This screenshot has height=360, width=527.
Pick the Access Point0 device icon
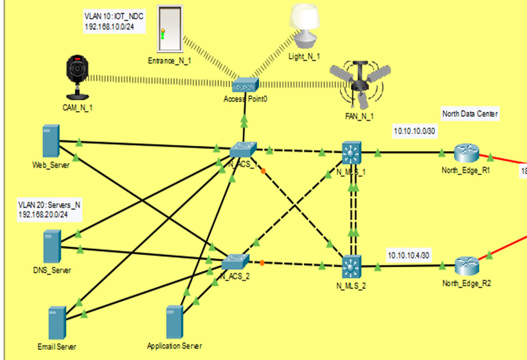pos(245,86)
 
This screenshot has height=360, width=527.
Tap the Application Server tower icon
pos(174,322)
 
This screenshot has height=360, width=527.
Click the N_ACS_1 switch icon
pos(243,150)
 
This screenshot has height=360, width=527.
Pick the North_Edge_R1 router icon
pos(467,154)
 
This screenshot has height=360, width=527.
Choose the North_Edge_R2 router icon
pos(467,265)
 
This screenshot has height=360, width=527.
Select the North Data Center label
pos(470,114)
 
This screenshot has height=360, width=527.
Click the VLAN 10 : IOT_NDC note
pos(114,22)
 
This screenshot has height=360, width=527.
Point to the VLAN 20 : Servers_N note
pos(49,210)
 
